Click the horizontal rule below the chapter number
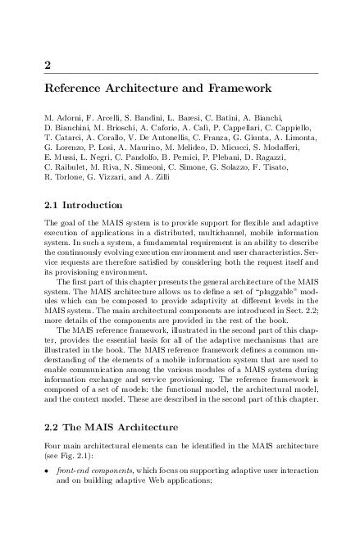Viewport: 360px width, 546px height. point(180,74)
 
